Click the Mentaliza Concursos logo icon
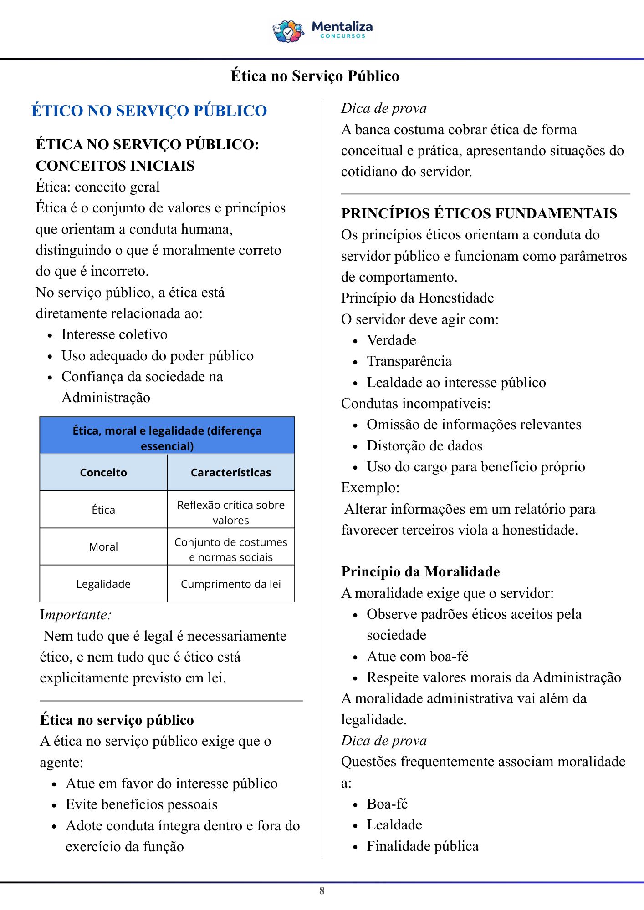point(288,31)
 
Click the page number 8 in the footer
point(322,890)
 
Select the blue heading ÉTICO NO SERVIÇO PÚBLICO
point(149,111)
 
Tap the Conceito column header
point(103,473)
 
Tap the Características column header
point(230,473)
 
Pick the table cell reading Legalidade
point(103,584)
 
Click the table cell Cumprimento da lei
point(230,584)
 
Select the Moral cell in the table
point(103,546)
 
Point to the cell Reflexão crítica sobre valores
point(230,512)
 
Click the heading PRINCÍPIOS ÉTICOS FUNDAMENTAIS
point(479,213)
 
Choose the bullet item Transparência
point(409,361)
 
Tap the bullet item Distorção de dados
point(424,446)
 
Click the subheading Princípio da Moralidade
point(420,571)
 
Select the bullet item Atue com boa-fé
point(417,657)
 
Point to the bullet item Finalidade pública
point(423,846)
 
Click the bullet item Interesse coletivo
point(114,334)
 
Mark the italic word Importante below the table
point(76,615)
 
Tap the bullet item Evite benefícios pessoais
point(141,804)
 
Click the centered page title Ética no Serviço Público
point(315,76)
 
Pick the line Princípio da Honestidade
point(417,298)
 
